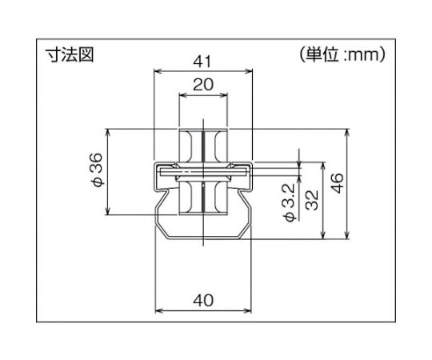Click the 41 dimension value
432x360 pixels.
[202, 62]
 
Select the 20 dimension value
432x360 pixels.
[203, 85]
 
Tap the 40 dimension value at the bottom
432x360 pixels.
[203, 300]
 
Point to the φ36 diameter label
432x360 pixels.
[98, 170]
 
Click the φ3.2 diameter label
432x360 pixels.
[290, 202]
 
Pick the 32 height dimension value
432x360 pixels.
[313, 200]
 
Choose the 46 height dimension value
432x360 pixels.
[338, 183]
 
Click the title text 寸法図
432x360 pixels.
[70, 54]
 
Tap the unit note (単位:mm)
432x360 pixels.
[342, 54]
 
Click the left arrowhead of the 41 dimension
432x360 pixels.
[158, 72]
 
